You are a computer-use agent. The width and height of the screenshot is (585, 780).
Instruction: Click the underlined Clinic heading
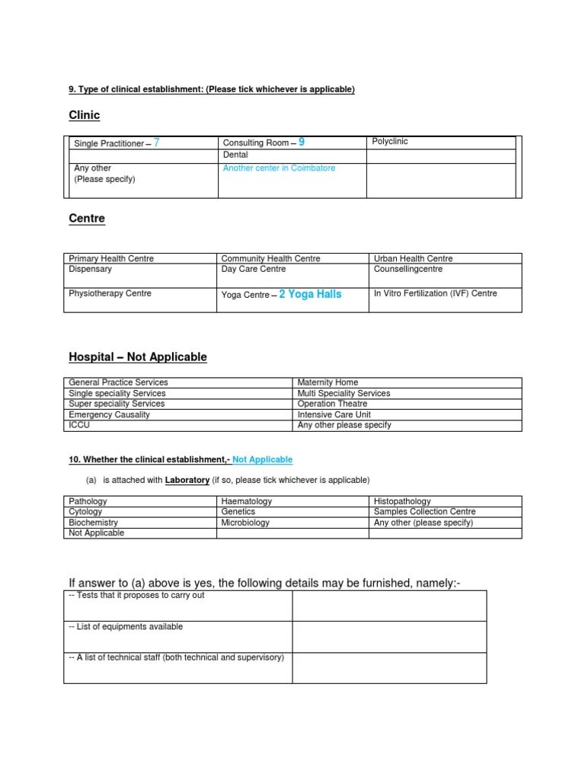click(84, 116)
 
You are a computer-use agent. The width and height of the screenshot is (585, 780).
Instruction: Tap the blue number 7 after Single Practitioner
click(156, 142)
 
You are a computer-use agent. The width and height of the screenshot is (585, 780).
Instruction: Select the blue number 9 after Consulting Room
click(302, 142)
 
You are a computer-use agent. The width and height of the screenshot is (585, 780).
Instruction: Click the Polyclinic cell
click(390, 142)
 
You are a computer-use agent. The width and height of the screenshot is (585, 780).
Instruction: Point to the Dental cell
click(235, 155)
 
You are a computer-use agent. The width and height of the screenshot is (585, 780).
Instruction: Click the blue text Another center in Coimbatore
click(279, 168)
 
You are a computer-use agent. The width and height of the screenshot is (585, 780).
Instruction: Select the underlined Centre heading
click(87, 219)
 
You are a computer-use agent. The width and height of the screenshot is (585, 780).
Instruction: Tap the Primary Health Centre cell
click(111, 259)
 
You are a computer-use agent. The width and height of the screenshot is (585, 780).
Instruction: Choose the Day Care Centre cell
click(254, 269)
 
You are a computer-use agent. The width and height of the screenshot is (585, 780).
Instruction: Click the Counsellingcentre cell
click(408, 269)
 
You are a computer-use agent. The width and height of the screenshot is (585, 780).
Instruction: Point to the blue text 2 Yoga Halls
click(310, 294)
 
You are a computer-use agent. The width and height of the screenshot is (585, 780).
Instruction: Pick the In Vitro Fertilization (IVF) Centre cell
click(435, 293)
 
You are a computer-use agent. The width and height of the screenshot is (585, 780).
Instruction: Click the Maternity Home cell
click(328, 382)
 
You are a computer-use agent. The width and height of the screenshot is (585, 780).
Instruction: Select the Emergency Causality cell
click(110, 414)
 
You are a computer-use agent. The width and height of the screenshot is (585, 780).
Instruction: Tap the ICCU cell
click(80, 425)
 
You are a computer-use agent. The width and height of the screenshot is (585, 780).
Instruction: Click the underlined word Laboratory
click(187, 480)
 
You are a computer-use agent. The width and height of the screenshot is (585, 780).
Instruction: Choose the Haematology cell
click(247, 501)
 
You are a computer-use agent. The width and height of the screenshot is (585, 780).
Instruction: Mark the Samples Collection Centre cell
click(424, 512)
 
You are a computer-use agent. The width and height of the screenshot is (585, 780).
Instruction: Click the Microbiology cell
click(245, 523)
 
